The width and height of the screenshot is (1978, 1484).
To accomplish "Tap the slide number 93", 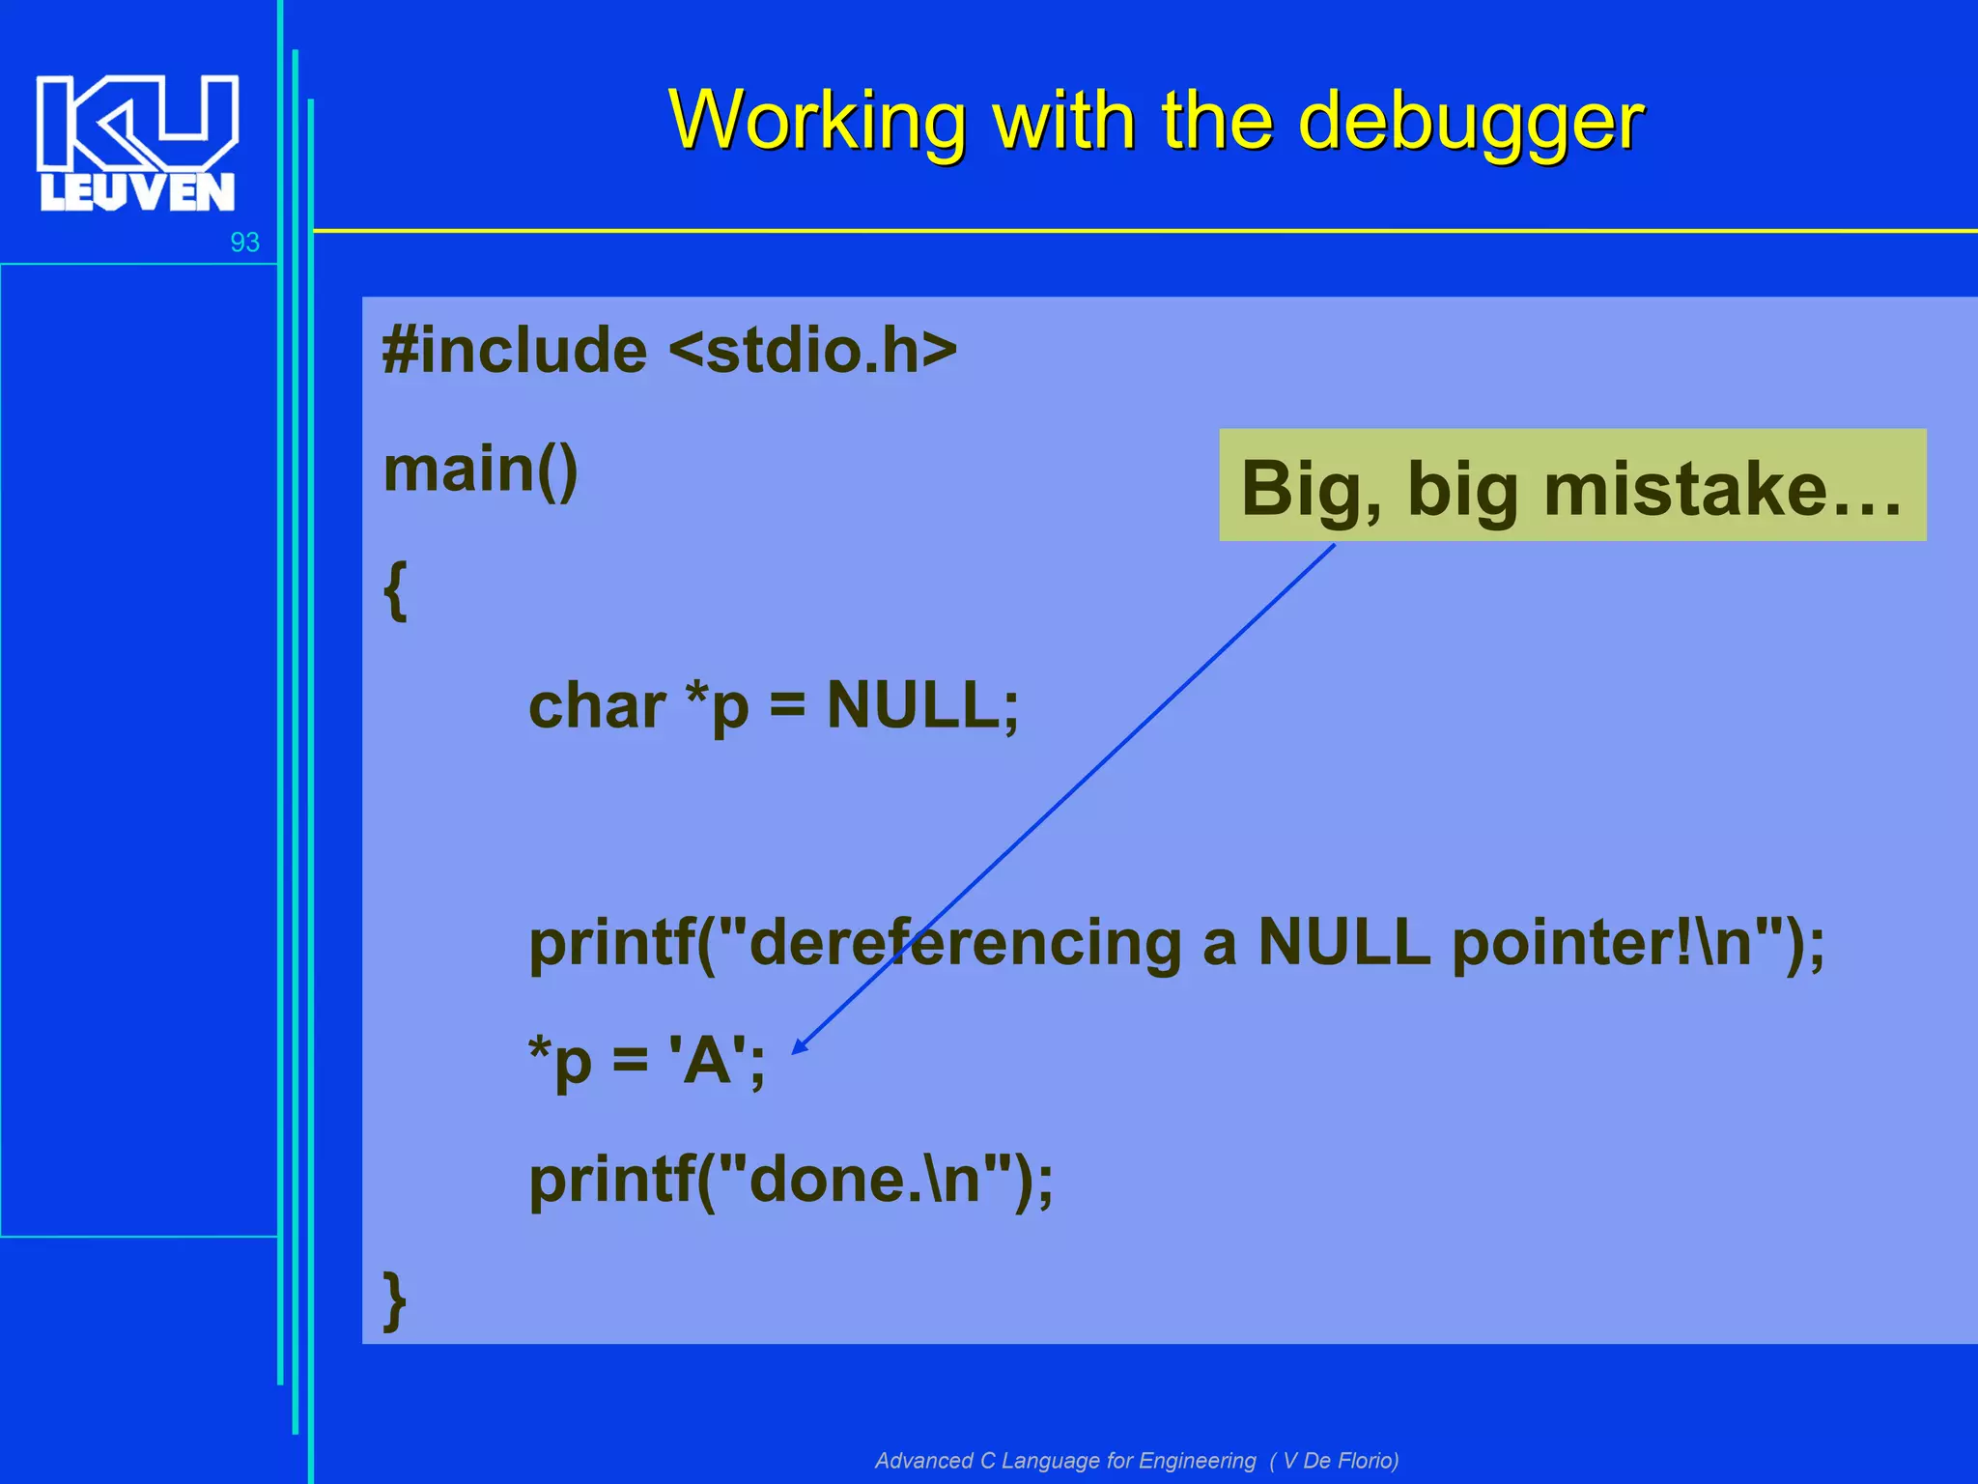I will tap(244, 243).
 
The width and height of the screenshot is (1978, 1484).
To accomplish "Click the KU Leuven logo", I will tap(137, 143).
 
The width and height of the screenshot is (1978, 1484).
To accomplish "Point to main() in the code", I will tap(480, 470).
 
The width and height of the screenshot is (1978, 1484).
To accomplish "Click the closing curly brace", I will tap(395, 1299).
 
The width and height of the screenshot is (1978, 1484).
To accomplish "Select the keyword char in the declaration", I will tap(596, 706).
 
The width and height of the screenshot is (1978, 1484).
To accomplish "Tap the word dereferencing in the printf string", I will tap(964, 943).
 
